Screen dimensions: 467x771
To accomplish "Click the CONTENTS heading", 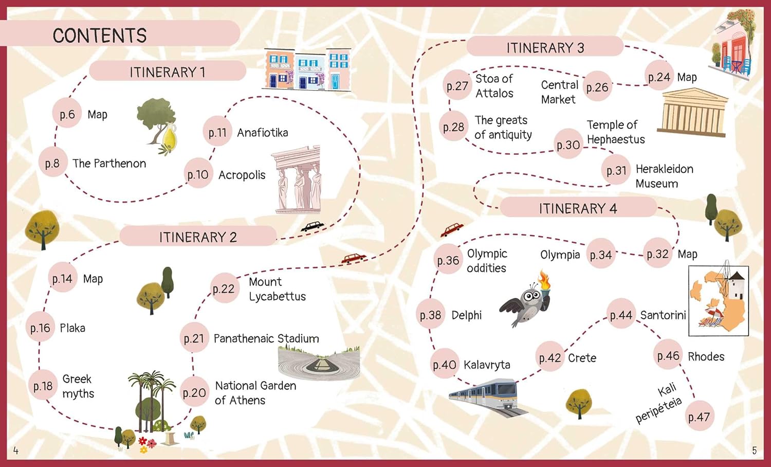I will (x=100, y=35).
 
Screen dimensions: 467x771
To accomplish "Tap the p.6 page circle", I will (x=67, y=114).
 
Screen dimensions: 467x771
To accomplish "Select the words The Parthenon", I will (x=109, y=164).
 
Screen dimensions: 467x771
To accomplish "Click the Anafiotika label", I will (x=262, y=133).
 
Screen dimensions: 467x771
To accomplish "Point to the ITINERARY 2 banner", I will (x=198, y=237).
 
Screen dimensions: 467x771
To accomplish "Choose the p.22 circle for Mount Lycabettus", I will (x=224, y=289).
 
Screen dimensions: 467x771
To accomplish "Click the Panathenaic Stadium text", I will (x=266, y=338).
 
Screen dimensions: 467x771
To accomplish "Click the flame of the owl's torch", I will (x=544, y=280).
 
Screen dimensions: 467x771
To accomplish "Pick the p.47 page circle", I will (x=699, y=417).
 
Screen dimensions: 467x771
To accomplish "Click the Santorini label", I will (x=663, y=315).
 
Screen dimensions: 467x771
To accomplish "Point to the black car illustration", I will (x=313, y=226).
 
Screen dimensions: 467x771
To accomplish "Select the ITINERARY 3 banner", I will (x=545, y=48).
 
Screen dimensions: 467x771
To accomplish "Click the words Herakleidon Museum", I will (x=664, y=176).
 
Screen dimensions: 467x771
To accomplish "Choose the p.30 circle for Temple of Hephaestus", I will (x=568, y=145).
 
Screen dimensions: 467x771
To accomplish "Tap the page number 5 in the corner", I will (x=754, y=451).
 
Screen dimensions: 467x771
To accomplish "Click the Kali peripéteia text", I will (x=659, y=403).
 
